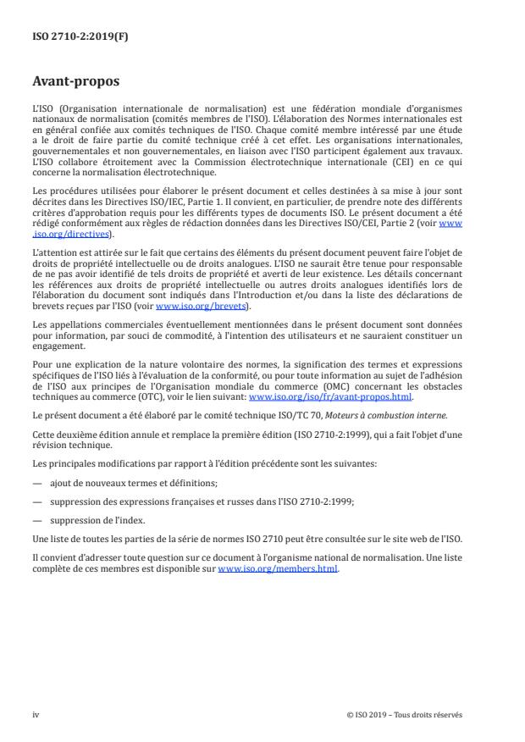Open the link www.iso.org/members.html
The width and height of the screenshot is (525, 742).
coord(278,569)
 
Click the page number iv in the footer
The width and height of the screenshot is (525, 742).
coord(36,713)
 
